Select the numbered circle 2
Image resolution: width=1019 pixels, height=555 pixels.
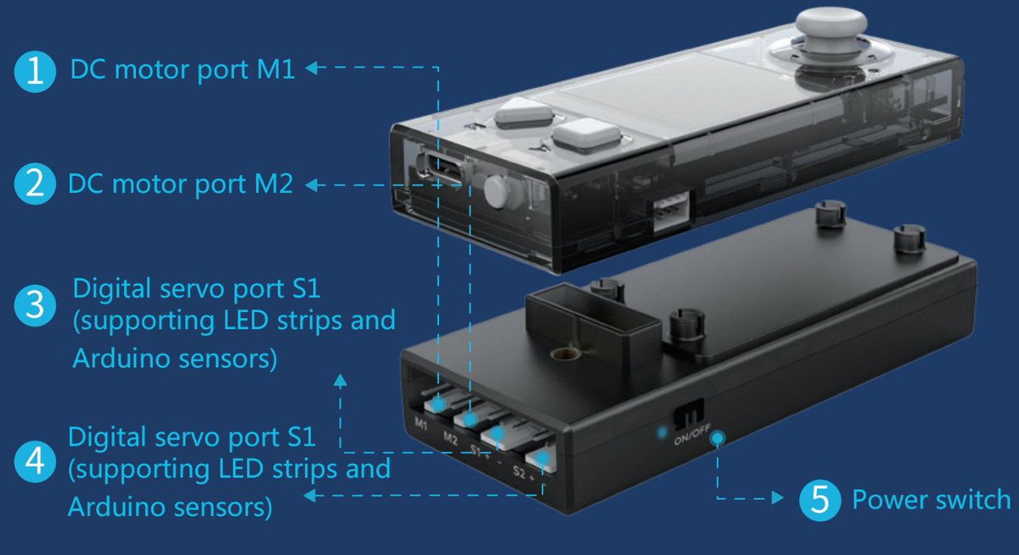pyautogui.click(x=35, y=184)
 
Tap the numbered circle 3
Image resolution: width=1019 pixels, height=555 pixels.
pyautogui.click(x=35, y=305)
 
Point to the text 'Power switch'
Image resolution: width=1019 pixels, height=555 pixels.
pyautogui.click(x=931, y=500)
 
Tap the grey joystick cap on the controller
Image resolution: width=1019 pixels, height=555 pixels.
pyautogui.click(x=835, y=23)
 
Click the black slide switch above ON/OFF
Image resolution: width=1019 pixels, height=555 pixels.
pyautogui.click(x=690, y=415)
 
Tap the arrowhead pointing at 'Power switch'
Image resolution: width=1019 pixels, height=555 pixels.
pyautogui.click(x=778, y=499)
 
